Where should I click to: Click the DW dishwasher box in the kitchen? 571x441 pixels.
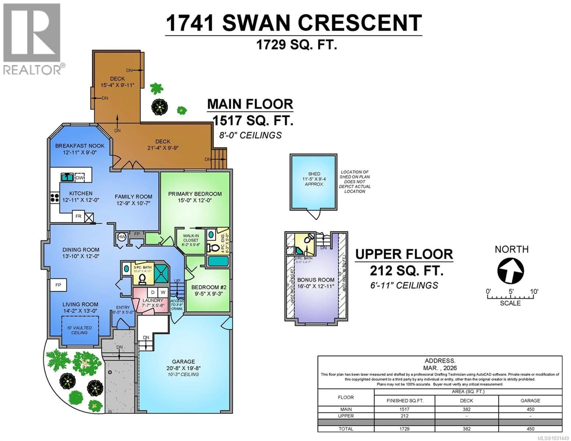80,178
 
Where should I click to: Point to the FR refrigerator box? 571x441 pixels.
78,216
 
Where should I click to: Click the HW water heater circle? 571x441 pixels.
122,237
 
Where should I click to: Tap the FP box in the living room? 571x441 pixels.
58,285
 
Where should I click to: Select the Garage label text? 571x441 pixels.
183,361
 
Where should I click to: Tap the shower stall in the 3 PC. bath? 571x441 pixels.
161,274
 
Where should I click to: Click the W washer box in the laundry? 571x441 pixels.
163,292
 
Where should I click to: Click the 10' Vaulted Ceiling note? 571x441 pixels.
80,330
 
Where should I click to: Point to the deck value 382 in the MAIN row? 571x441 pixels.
466,409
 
